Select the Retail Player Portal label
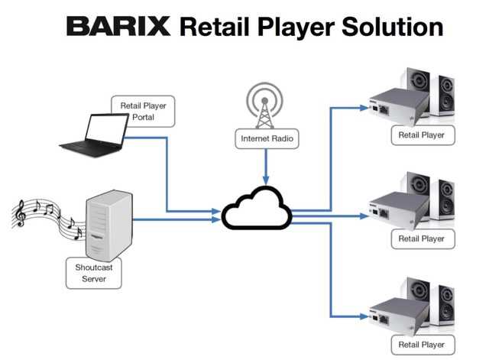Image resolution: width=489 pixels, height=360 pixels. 144,111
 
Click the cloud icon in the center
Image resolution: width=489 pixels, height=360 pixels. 257,208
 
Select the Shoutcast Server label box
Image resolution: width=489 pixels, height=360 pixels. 91,273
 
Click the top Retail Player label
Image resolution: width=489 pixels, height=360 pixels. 422,135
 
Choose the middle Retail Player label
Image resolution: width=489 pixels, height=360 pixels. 422,238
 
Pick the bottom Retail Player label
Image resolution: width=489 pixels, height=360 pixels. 422,343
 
